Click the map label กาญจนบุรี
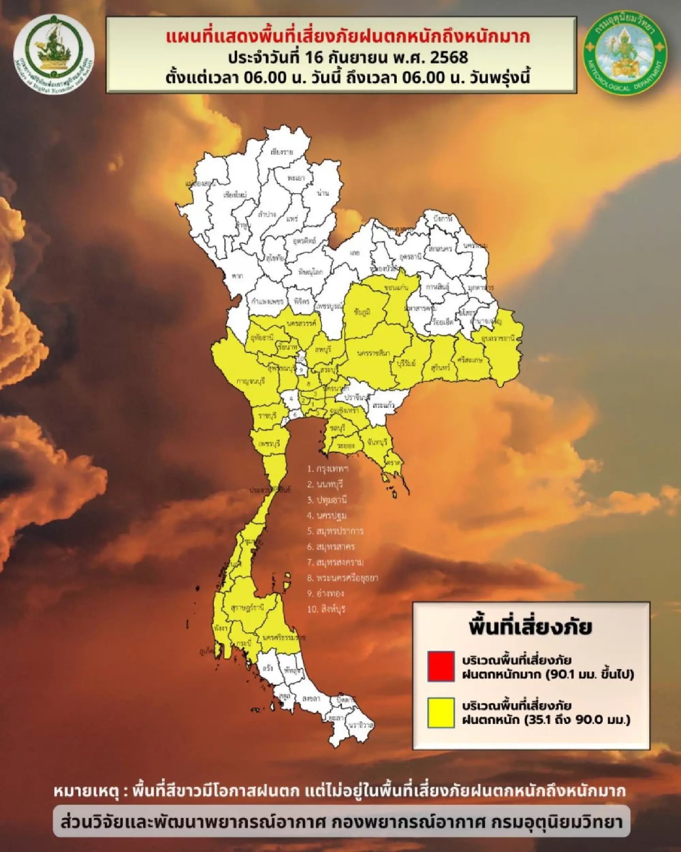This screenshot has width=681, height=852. [x=250, y=381]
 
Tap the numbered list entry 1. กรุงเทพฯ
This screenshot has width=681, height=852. [x=328, y=469]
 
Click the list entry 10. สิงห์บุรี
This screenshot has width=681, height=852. [x=326, y=609]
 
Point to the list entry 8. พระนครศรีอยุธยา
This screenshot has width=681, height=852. [x=343, y=578]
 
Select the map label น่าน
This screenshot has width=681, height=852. [x=322, y=193]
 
